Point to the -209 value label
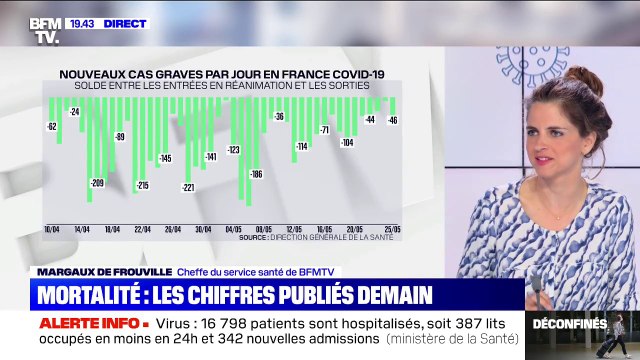pyautogui.click(x=97, y=183)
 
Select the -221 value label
pyautogui.click(x=188, y=188)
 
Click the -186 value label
pyautogui.click(x=255, y=175)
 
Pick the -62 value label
pyautogui.click(x=51, y=127)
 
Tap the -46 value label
pyautogui.click(x=393, y=120)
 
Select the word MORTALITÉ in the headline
pyautogui.click(x=97, y=295)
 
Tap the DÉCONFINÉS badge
pyautogui.click(x=569, y=323)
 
